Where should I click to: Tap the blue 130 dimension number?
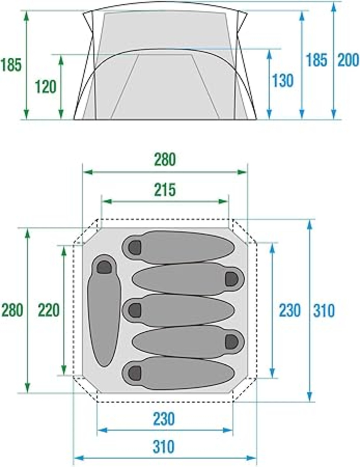click(x=283, y=80)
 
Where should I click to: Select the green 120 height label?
click(x=46, y=87)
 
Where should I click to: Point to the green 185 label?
click(x=11, y=64)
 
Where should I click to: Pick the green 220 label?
click(x=49, y=310)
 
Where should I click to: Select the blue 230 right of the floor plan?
click(x=290, y=310)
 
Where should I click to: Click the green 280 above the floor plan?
click(x=165, y=159)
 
